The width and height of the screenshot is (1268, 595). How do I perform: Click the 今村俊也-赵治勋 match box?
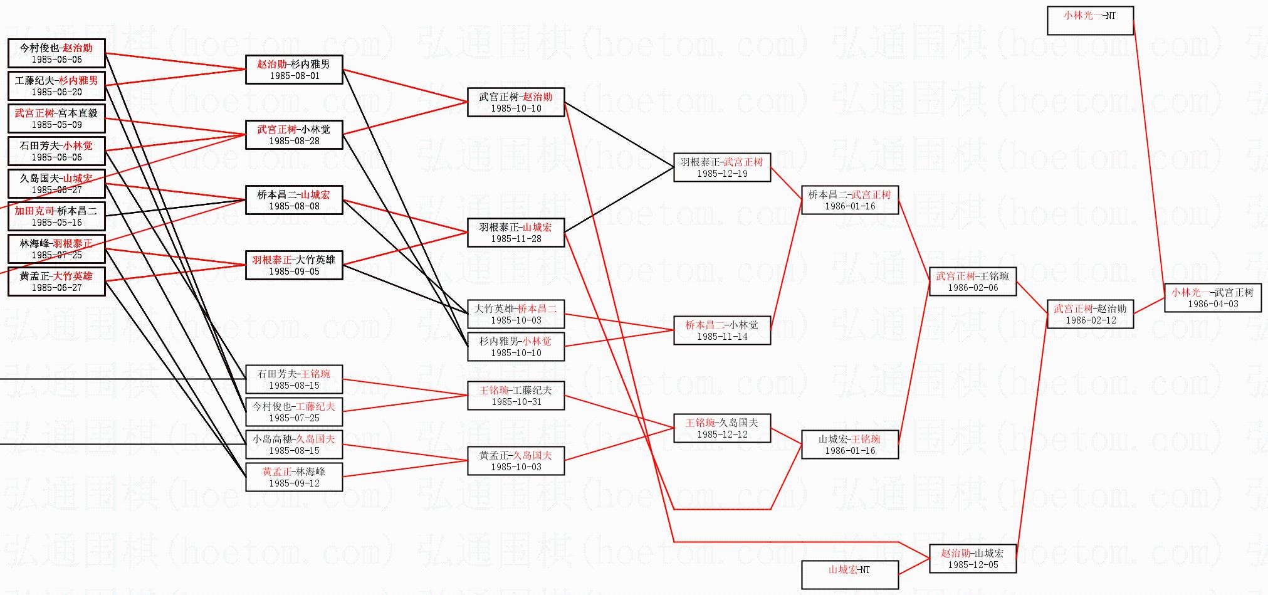point(56,53)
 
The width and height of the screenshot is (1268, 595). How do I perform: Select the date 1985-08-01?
point(294,76)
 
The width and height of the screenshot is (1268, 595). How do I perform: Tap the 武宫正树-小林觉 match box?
point(294,135)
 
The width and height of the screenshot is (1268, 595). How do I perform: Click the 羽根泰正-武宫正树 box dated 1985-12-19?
point(722,167)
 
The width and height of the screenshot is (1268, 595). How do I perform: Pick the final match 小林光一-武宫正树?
point(1212,298)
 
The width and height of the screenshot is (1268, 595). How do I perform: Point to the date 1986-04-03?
point(1213,304)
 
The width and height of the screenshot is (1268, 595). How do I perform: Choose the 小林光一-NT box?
point(1090,20)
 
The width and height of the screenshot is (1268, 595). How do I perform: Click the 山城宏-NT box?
point(849,574)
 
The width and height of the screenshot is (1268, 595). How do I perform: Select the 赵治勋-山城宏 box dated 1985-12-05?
point(972,559)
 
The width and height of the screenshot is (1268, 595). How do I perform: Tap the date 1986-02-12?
point(1091,320)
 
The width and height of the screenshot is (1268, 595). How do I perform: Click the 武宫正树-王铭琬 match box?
point(972,282)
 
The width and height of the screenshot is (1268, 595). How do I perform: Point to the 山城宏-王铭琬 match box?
point(849,445)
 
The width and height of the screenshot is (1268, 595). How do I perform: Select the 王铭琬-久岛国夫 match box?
point(722,428)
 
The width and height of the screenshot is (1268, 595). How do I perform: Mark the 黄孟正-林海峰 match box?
point(294,477)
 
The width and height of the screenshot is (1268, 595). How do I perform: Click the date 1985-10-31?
point(516,402)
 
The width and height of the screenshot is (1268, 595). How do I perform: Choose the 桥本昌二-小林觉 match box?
point(722,330)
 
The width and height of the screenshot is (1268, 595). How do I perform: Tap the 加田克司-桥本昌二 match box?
point(56,216)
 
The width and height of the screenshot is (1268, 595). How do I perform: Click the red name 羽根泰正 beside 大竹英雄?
point(272,260)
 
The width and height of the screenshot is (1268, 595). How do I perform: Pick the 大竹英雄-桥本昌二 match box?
point(516,314)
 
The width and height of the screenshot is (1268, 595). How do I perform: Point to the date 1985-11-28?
point(516,239)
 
